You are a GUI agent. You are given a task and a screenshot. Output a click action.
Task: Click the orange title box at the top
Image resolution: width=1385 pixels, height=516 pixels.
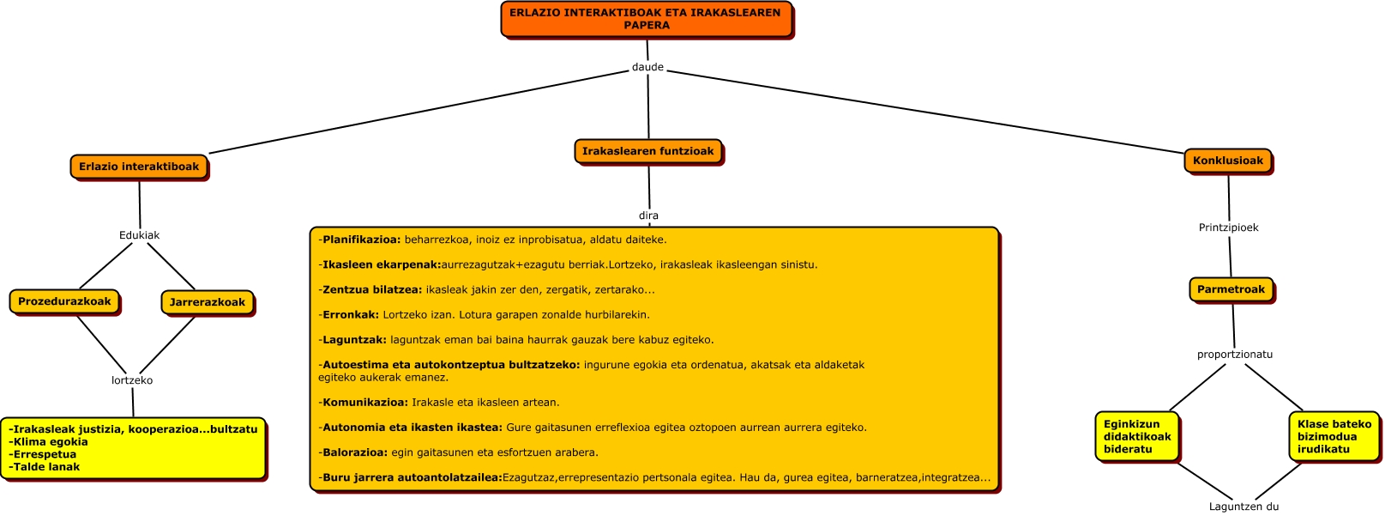646,19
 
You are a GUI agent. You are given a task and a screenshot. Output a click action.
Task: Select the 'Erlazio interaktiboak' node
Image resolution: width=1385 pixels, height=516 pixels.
139,167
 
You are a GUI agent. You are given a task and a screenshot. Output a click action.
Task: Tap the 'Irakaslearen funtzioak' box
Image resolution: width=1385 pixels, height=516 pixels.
647,151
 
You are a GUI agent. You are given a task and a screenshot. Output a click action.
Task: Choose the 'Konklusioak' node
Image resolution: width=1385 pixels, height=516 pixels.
1228,161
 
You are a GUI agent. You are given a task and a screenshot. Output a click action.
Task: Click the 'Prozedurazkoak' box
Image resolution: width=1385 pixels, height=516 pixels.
64,301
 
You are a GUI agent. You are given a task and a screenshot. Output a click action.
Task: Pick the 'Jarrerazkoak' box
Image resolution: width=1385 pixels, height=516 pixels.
207,302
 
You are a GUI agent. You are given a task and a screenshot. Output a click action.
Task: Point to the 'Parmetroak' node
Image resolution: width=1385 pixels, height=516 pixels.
1231,289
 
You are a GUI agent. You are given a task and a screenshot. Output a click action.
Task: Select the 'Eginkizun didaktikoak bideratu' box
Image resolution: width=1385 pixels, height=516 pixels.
1137,436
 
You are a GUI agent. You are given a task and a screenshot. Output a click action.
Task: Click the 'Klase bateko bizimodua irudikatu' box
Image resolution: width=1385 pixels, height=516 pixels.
1334,436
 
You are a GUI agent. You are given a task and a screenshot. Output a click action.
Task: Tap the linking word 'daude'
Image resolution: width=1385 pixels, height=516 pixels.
647,67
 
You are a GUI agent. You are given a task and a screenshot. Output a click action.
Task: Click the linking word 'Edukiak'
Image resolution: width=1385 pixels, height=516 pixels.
139,235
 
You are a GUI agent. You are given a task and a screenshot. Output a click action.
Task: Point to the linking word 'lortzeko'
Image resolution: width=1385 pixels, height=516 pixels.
132,380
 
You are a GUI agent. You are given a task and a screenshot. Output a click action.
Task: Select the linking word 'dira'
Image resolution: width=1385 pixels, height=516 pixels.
648,216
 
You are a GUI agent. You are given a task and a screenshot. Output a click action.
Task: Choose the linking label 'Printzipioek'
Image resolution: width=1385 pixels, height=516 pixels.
1228,228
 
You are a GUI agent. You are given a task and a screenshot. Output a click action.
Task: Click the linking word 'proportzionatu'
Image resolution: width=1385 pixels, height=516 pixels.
1235,355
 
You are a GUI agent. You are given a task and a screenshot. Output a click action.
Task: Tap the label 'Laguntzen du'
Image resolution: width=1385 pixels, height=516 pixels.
1243,507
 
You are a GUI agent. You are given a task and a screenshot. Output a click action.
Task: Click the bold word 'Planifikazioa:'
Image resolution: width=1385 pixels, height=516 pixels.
361,240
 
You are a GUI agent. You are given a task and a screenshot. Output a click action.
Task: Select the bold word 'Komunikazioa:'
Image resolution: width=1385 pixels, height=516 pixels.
365,402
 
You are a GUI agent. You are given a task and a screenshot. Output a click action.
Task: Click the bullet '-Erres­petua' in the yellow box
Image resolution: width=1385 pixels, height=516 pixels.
44,454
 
